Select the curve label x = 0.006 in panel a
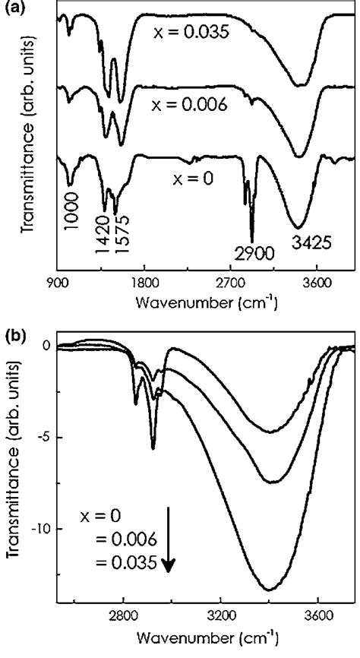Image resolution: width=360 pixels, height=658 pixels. click(x=189, y=105)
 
